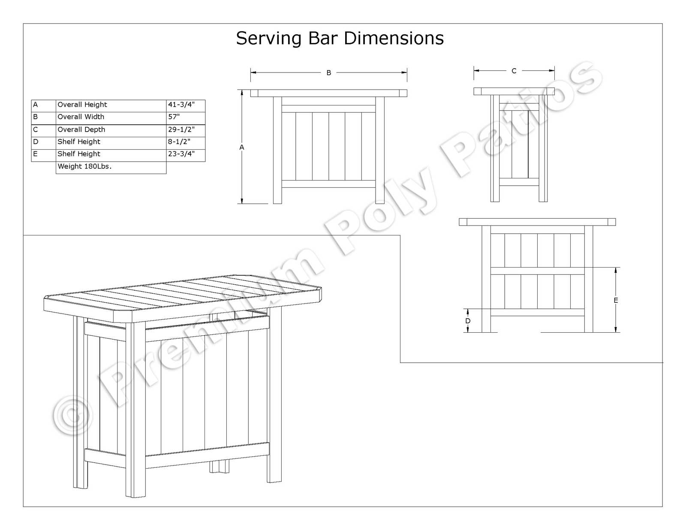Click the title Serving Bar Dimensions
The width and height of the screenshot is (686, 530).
click(x=340, y=38)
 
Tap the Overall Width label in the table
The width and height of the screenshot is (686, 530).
click(x=81, y=117)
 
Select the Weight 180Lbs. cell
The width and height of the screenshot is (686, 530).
click(x=84, y=166)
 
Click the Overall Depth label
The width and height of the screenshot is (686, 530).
click(x=81, y=129)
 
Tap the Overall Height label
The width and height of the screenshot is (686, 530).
click(x=82, y=105)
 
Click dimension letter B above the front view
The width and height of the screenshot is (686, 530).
click(x=329, y=73)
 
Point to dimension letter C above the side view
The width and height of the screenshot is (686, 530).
click(x=514, y=71)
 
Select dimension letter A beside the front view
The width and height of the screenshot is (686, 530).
click(x=242, y=147)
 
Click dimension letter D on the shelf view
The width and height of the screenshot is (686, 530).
click(x=468, y=321)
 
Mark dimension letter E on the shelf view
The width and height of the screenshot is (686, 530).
click(x=616, y=300)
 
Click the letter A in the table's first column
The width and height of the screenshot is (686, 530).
click(x=36, y=105)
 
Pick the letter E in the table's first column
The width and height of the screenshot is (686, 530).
click(x=36, y=154)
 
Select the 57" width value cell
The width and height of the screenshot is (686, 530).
click(x=174, y=117)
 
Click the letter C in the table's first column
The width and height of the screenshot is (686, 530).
click(x=36, y=129)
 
